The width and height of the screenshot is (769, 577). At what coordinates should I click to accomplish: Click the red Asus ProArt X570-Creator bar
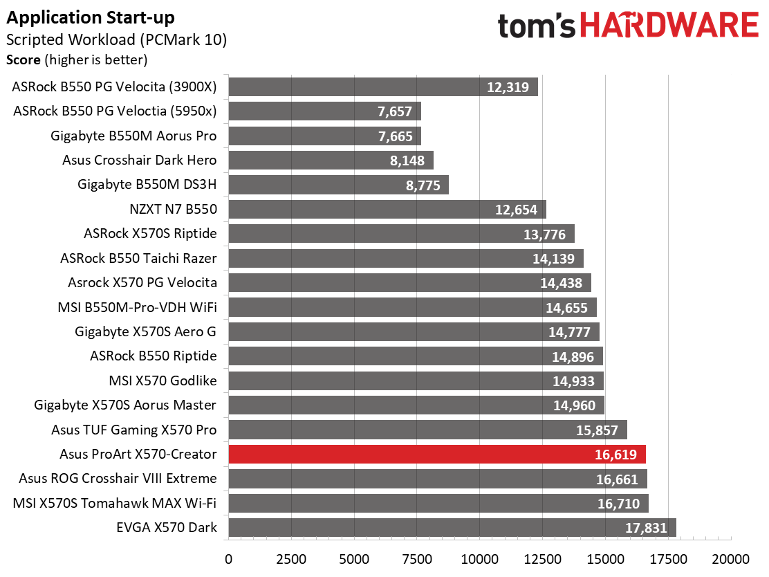(436, 455)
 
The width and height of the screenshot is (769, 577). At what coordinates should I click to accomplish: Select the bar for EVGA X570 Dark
(452, 528)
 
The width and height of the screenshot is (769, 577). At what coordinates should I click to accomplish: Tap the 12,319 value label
(508, 87)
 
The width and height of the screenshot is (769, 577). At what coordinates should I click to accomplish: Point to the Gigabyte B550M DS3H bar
(338, 185)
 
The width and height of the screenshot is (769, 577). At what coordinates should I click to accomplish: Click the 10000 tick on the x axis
(479, 558)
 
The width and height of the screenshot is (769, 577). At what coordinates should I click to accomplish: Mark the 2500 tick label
(291, 558)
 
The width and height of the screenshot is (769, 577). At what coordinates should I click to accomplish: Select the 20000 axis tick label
(731, 558)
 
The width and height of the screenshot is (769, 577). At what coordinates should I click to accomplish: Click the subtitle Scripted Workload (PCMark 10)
(116, 39)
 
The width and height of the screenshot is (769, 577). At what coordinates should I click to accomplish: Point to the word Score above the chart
(23, 60)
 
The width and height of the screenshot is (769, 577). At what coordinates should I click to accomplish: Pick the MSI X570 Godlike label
(163, 381)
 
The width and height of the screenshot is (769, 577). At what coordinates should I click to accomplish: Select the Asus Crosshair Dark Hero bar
(331, 161)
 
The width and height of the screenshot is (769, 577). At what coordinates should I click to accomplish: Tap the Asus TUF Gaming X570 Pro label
(133, 430)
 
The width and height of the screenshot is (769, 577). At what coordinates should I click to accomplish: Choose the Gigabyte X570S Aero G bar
(414, 332)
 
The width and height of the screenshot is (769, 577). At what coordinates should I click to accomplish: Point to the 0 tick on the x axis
(228, 558)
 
